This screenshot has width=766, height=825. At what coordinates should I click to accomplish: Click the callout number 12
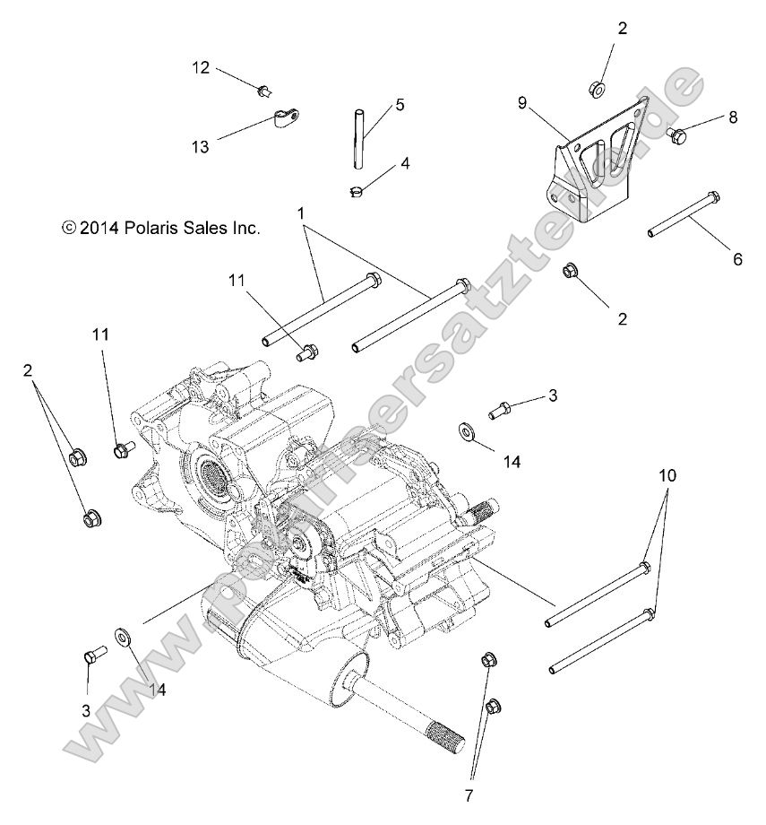pos(201,67)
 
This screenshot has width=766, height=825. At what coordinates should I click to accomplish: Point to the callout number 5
pos(374,105)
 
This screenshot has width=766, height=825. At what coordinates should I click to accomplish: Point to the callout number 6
pos(737,259)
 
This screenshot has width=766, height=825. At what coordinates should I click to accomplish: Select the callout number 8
pos(732,117)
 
